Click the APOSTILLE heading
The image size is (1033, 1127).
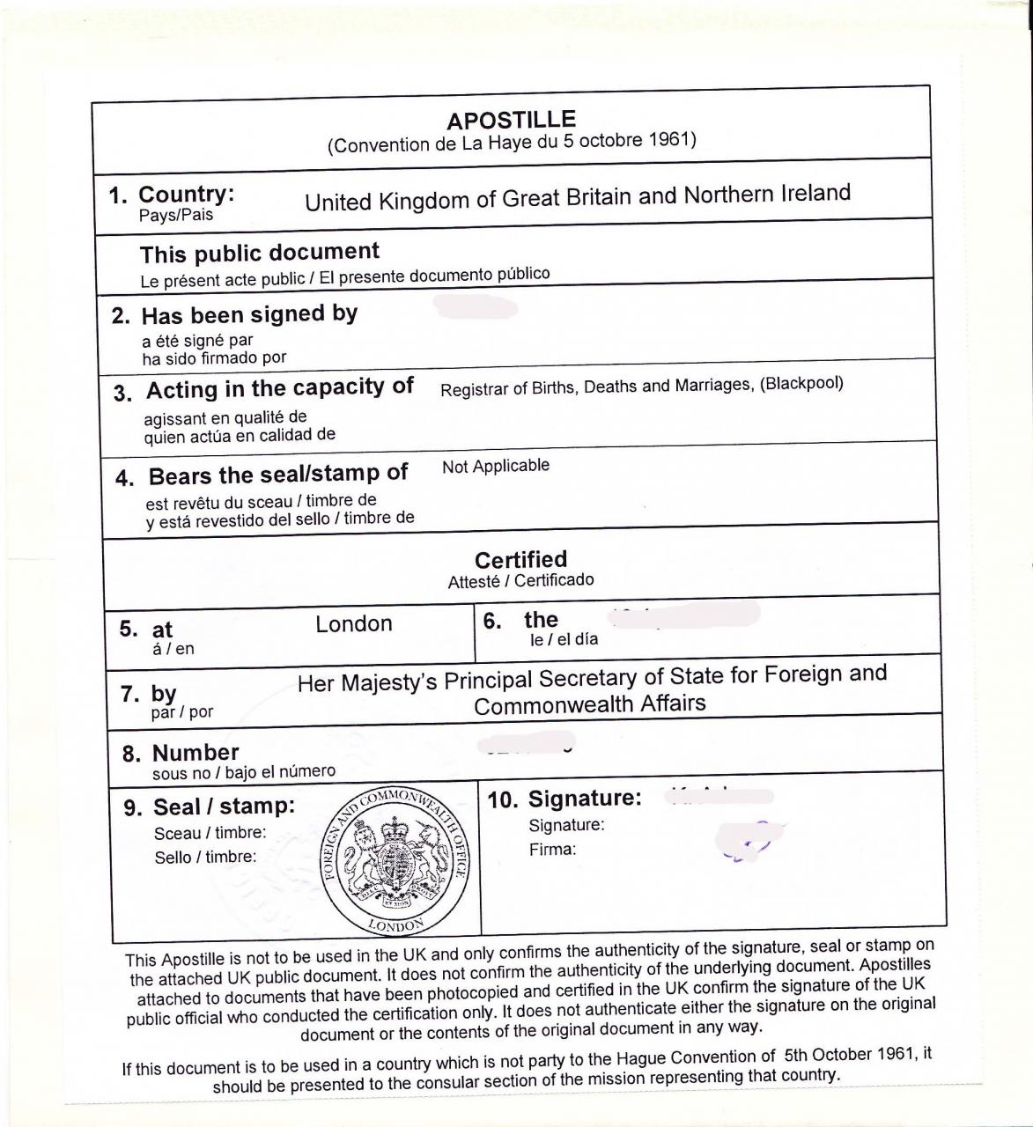tap(511, 120)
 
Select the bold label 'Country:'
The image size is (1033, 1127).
tap(187, 195)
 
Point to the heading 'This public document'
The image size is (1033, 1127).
tap(260, 253)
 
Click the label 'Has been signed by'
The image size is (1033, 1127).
tap(249, 313)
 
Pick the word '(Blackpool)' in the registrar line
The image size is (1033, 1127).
tap(801, 383)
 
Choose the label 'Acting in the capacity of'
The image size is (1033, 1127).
tap(279, 388)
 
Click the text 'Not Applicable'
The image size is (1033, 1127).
tap(496, 466)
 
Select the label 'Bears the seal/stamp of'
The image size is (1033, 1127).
tap(277, 475)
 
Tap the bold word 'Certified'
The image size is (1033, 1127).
tap(520, 559)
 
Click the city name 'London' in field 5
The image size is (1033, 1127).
tap(354, 623)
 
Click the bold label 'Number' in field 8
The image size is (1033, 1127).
tap(196, 753)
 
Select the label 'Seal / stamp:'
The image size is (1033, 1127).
tap(224, 806)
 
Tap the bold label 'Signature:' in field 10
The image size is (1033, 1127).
tap(584, 799)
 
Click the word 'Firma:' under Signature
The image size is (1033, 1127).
tap(552, 850)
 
